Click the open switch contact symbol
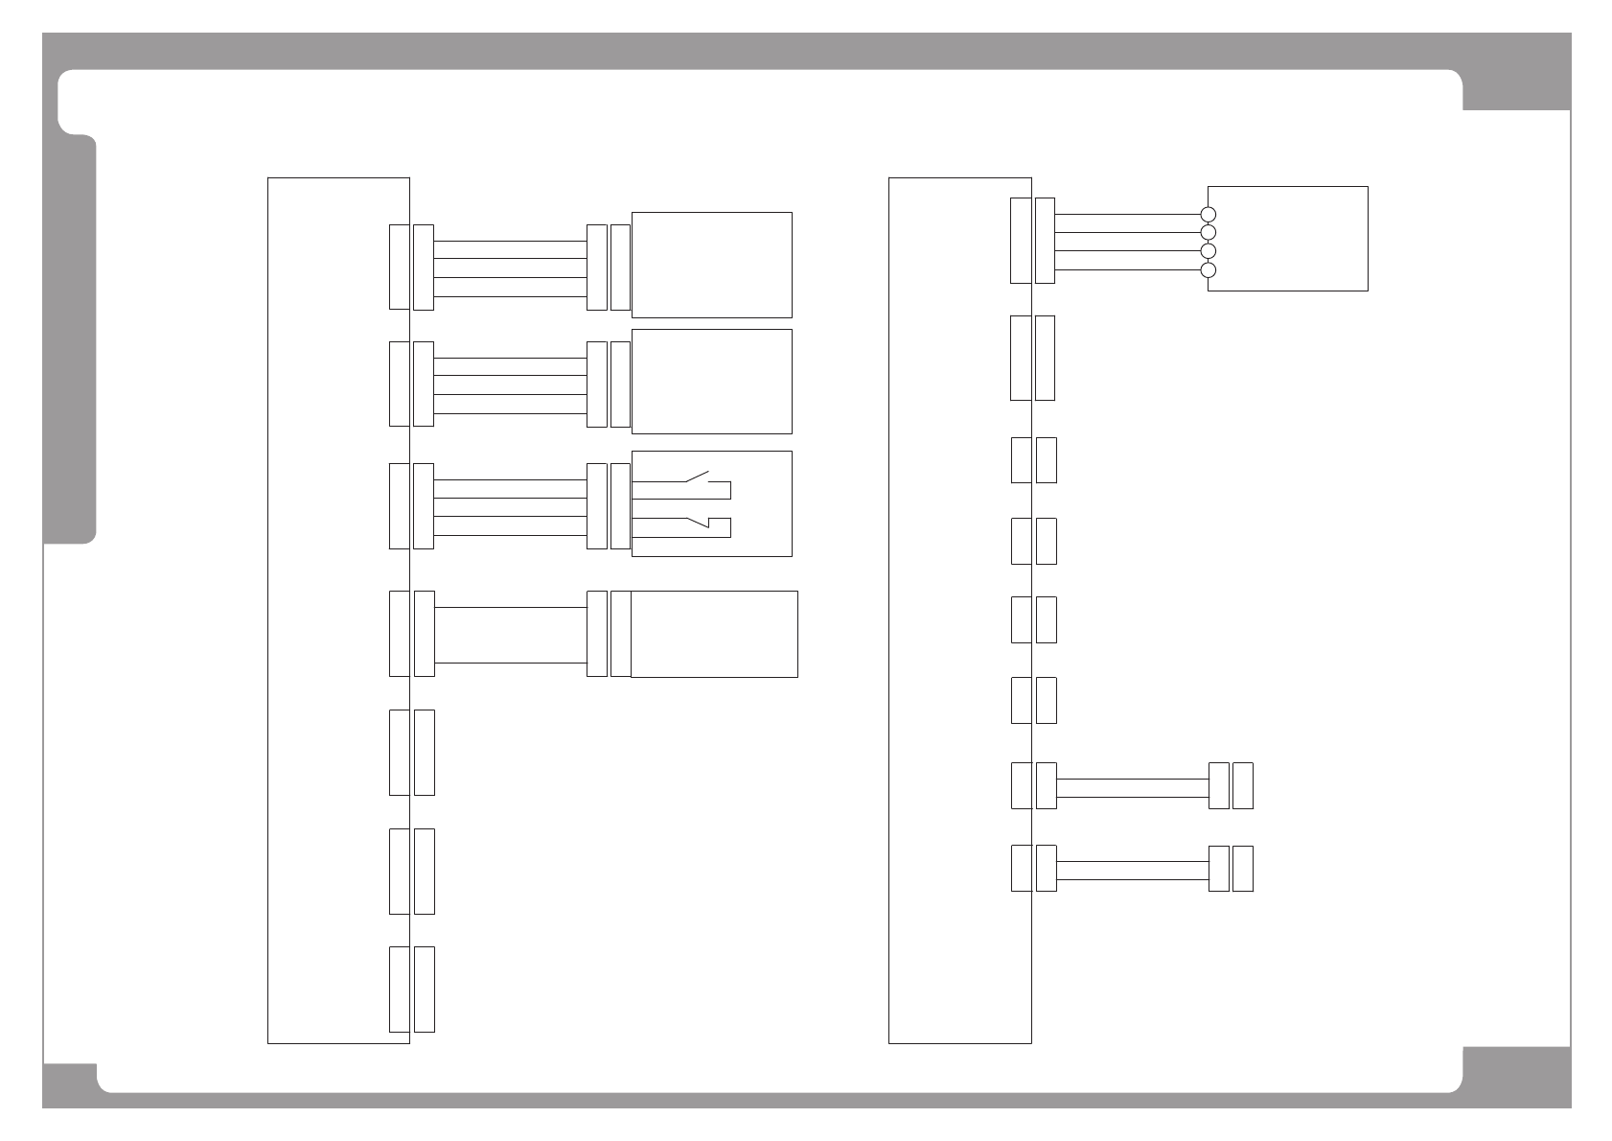click(695, 477)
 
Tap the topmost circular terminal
click(1208, 215)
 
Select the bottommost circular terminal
click(1208, 269)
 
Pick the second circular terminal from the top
click(1208, 233)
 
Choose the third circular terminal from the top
click(1208, 251)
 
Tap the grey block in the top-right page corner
click(1516, 89)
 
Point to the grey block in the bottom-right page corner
click(1516, 1077)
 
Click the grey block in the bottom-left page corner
click(69, 1084)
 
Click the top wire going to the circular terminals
click(1127, 215)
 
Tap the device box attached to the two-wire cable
click(713, 634)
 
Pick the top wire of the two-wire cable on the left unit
click(510, 607)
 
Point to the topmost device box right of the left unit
click(711, 265)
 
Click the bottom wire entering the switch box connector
click(510, 534)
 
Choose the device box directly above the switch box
click(711, 382)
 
